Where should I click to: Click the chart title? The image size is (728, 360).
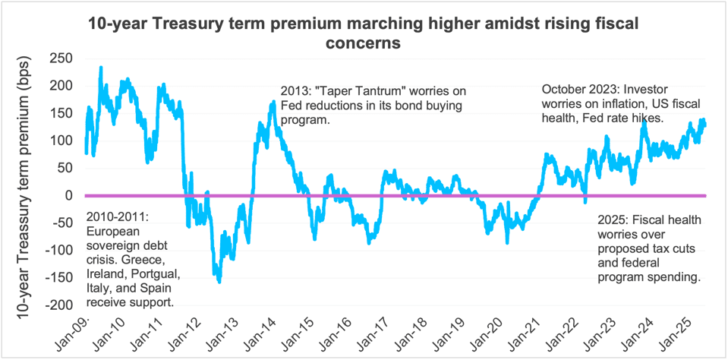(x=364, y=33)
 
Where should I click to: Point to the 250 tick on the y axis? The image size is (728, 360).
(x=60, y=58)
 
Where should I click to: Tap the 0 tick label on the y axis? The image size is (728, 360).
(x=67, y=195)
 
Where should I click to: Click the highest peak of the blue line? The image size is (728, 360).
(x=101, y=68)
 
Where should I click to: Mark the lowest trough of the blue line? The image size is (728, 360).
(x=219, y=282)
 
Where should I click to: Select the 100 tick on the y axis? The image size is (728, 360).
(x=60, y=141)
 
